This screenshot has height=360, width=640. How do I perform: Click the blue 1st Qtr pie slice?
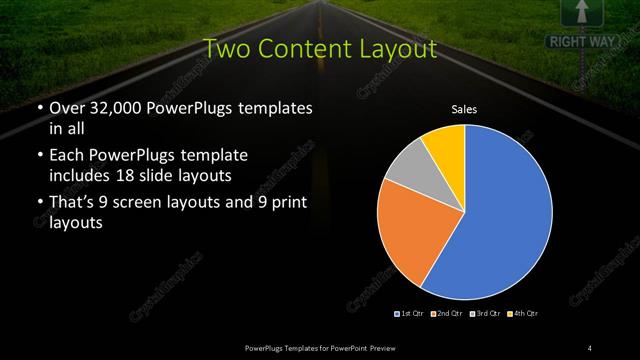point(505,215)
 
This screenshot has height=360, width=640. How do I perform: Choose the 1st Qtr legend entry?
point(407,315)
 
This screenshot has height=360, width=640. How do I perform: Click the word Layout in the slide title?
point(400,47)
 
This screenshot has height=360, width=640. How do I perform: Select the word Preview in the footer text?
point(380,347)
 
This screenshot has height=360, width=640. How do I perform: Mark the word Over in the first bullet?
point(66,108)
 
